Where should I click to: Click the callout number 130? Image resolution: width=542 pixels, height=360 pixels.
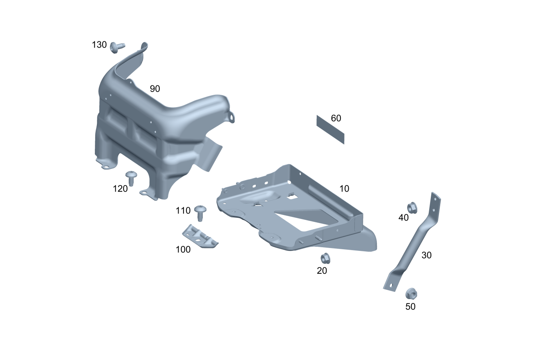[x=99, y=45]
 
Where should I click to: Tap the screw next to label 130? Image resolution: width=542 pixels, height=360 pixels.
[x=117, y=47]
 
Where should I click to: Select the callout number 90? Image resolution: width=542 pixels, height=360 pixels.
[x=155, y=89]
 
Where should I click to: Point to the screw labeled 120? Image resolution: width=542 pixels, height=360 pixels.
[x=131, y=178]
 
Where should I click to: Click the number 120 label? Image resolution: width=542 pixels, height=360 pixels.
[x=120, y=189]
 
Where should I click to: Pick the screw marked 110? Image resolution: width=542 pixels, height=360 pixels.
[x=200, y=213]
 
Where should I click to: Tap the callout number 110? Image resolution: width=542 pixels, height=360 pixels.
[x=183, y=211]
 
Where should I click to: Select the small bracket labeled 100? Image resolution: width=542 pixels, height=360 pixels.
[x=200, y=236]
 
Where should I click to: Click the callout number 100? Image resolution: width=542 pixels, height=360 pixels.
[x=183, y=249]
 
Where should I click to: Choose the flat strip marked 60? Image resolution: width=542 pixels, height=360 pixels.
[x=330, y=130]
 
